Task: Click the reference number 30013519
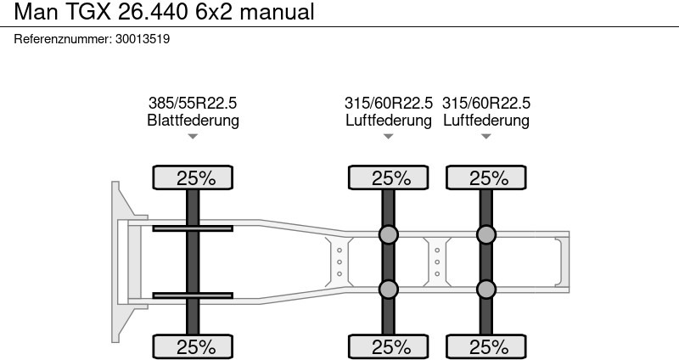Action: (143, 39)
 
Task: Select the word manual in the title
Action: (278, 12)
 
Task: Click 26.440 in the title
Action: (153, 12)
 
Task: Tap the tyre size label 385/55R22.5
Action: (193, 103)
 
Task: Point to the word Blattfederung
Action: (193, 120)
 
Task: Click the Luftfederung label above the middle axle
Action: (389, 120)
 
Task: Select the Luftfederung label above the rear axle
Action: (485, 120)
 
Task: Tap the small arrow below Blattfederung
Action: (193, 137)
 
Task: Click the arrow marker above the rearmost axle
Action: (485, 137)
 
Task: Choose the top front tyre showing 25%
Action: (193, 177)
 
